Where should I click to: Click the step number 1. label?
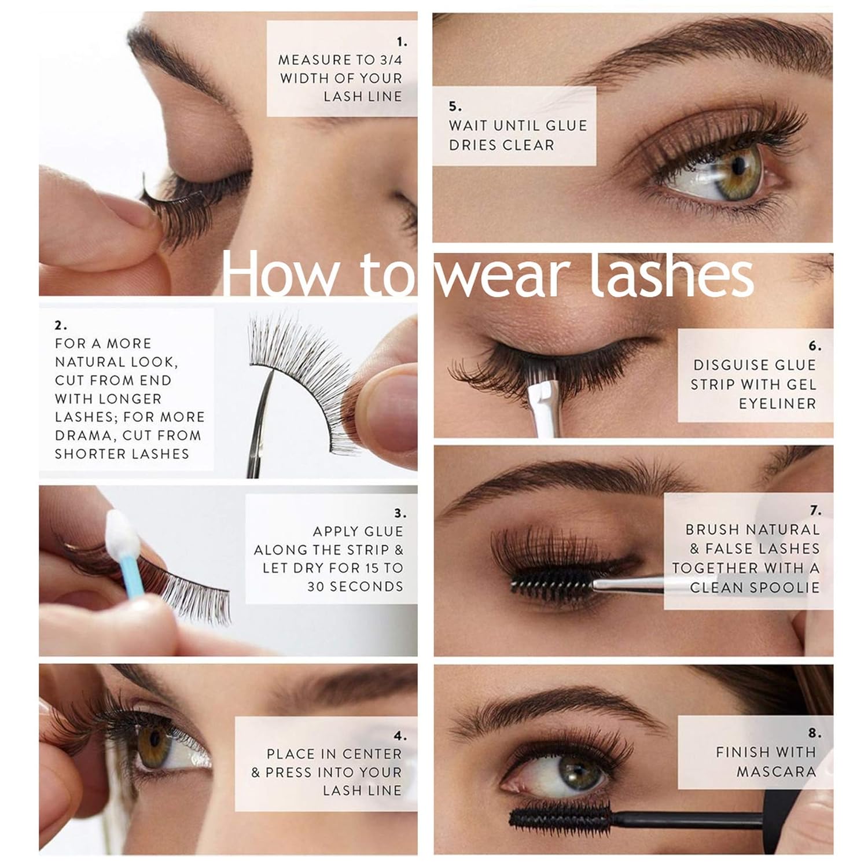(402, 42)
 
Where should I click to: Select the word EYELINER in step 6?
(777, 403)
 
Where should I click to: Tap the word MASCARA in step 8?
(776, 771)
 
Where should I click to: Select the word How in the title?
(279, 277)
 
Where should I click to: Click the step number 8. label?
(814, 733)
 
